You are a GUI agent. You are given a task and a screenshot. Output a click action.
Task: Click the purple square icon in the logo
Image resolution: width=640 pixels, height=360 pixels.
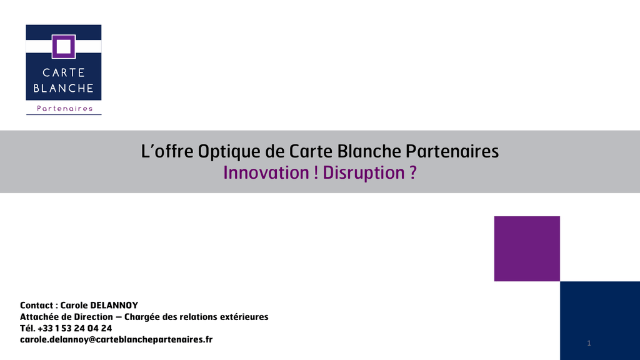[x=64, y=46]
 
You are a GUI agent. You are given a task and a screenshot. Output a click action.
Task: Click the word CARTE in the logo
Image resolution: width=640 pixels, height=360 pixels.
[x=64, y=72]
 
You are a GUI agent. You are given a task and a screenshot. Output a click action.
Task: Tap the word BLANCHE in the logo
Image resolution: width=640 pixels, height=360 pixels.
[x=64, y=88]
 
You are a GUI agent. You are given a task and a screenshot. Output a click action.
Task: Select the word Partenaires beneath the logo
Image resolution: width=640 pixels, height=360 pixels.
[x=64, y=109]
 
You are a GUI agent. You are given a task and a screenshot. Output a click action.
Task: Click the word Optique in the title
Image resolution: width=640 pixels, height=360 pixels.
[x=229, y=152]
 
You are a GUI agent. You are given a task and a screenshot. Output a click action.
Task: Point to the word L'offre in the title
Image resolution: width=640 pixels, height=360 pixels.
[x=167, y=151]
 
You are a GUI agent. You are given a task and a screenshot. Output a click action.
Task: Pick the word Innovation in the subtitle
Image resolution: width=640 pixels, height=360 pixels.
[x=266, y=172]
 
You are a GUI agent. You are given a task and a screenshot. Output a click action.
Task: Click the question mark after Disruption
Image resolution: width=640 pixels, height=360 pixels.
[x=413, y=172]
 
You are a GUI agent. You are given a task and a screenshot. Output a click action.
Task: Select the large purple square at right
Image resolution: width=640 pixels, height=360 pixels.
[x=527, y=249]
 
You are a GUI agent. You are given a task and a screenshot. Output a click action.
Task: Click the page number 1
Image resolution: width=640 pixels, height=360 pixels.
[x=589, y=343]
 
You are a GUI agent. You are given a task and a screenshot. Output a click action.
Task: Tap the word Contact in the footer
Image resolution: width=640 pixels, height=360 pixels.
[x=36, y=305]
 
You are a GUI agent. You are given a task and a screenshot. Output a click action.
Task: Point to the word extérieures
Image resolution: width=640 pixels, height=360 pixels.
[x=244, y=317]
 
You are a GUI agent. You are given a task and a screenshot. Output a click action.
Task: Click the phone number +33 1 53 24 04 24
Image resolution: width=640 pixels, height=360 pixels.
[x=75, y=328]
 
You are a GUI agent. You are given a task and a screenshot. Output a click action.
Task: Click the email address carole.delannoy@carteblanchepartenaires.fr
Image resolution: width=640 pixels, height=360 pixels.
[x=116, y=339]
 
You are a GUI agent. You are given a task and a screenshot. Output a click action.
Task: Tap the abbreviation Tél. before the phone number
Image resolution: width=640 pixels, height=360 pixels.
[x=27, y=328]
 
